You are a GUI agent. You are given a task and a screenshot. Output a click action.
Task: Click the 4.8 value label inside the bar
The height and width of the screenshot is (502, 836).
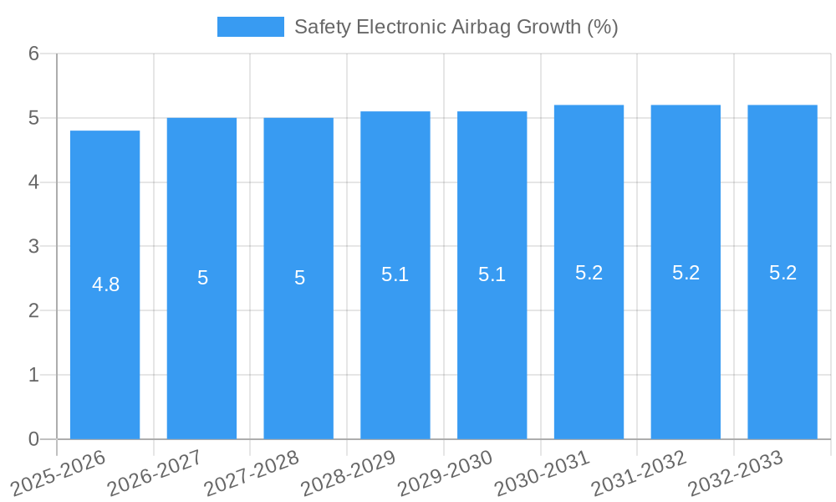(105, 284)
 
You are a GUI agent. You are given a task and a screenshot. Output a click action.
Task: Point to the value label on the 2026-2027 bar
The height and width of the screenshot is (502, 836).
(202, 278)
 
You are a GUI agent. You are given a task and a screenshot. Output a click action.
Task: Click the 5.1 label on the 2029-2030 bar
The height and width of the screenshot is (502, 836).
(492, 274)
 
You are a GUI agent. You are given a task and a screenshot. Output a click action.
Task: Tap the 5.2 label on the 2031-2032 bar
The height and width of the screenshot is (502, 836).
(686, 273)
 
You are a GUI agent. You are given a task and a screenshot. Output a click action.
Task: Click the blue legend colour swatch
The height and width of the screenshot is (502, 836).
(250, 27)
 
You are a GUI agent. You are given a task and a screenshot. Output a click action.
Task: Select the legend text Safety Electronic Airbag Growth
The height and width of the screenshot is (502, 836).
(456, 27)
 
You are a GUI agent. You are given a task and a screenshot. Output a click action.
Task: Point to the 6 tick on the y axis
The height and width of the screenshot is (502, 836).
(33, 54)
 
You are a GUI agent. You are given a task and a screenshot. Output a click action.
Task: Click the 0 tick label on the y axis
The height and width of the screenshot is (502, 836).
(33, 439)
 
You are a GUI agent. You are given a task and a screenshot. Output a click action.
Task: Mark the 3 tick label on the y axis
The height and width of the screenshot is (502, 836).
(33, 247)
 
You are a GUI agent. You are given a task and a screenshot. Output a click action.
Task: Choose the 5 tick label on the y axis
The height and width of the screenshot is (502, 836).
(33, 118)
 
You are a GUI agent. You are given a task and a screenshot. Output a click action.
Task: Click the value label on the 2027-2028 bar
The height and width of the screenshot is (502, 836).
(299, 278)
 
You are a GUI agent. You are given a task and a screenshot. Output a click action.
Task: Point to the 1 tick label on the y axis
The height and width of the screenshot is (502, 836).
(33, 375)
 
